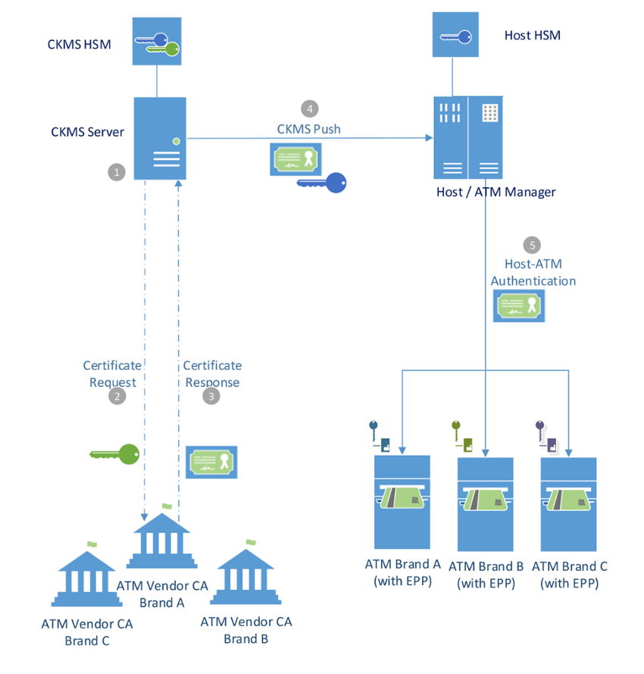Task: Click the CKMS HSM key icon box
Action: (x=157, y=42)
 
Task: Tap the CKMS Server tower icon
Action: (x=159, y=138)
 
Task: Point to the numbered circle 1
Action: (x=117, y=173)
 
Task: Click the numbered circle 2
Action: (x=117, y=397)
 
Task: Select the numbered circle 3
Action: (x=212, y=397)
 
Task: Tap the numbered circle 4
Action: (x=308, y=108)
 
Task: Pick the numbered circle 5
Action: (x=533, y=245)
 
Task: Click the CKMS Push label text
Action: (x=308, y=129)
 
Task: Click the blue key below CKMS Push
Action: (x=321, y=183)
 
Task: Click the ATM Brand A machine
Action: (x=402, y=503)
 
